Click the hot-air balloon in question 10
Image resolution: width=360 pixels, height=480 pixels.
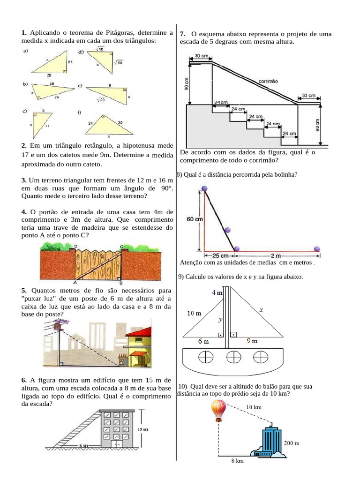[x=219, y=412]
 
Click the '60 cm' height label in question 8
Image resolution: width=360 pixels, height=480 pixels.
[x=195, y=219]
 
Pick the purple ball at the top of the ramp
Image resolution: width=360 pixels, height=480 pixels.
[x=204, y=188]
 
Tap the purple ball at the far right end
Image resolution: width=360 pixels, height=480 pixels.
[x=318, y=248]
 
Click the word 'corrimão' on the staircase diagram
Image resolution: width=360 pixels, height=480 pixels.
[x=268, y=81]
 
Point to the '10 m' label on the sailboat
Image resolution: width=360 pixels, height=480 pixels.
[x=195, y=313]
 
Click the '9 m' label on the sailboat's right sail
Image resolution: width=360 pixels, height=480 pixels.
[x=252, y=341]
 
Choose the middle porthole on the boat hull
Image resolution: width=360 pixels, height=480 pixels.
[x=233, y=357]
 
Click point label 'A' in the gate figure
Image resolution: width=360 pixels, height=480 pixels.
[x=75, y=283]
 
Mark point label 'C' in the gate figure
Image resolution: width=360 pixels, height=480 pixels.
[x=121, y=246]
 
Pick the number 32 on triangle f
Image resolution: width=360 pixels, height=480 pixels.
[x=120, y=122]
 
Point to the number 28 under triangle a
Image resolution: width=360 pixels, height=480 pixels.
[x=49, y=75]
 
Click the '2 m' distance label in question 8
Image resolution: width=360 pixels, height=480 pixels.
[x=276, y=255]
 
